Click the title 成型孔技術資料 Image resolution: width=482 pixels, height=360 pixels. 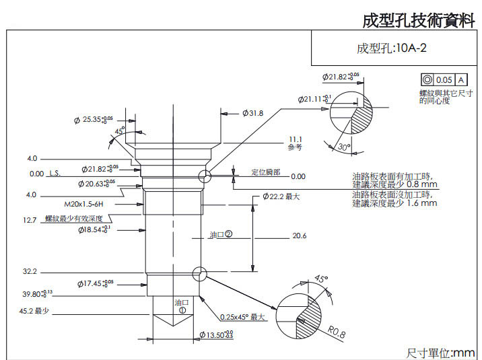tap(418, 20)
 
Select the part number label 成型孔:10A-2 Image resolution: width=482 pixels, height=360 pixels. tap(392, 48)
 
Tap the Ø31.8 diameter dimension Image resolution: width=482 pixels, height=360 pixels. tap(253, 113)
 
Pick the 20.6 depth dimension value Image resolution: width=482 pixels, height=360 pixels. tap(300, 236)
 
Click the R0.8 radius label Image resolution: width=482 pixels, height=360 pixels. tap(337, 331)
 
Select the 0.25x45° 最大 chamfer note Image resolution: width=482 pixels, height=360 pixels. tap(243, 317)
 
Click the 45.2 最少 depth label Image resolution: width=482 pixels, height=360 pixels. tap(37, 311)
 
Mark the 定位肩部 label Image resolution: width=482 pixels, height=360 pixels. tap(265, 172)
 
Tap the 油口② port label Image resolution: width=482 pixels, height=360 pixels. tap(220, 235)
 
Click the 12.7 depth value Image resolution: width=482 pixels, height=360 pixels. tap(30, 220)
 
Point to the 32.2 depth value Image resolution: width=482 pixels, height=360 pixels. tap(30, 272)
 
